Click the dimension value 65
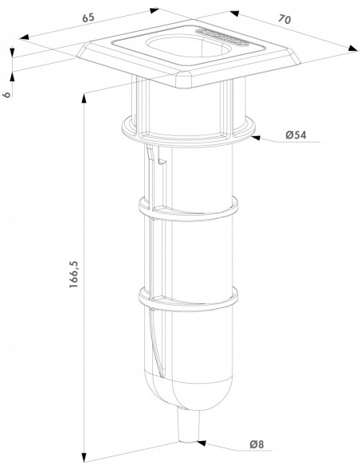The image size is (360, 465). tap(88, 18)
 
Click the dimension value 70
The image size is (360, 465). tap(284, 19)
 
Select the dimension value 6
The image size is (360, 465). tap(7, 94)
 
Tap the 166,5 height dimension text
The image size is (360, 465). tap(73, 275)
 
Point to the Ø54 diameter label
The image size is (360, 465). tap(295, 135)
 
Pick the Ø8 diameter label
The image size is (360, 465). tap(256, 444)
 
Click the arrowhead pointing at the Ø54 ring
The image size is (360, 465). tap(256, 138)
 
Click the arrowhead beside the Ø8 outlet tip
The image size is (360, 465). tap(202, 443)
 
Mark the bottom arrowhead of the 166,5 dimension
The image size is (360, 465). tap(84, 457)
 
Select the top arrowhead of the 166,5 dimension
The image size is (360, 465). tap(84, 98)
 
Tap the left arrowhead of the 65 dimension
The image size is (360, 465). tap(25, 37)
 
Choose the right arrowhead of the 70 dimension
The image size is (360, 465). tap(353, 49)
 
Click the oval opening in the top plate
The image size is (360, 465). tap(188, 48)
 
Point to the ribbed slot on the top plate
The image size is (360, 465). tap(222, 37)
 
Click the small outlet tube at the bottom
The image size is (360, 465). tap(188, 425)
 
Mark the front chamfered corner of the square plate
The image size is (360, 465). tap(185, 80)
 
